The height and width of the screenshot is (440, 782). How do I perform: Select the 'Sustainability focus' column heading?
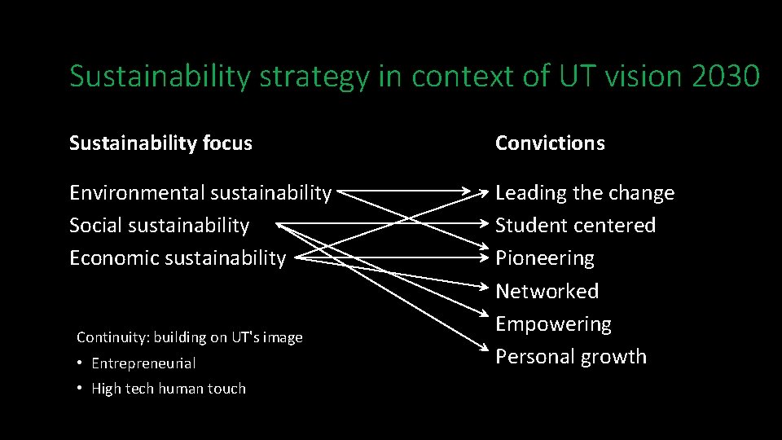(x=160, y=143)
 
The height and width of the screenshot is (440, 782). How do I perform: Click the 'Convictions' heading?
(x=550, y=143)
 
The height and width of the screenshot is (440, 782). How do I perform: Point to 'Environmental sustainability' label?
(x=200, y=193)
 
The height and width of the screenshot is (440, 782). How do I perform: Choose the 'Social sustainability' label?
(x=159, y=225)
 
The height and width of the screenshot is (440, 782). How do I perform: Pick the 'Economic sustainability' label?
(x=178, y=258)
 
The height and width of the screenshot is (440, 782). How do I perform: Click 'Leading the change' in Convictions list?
(x=585, y=193)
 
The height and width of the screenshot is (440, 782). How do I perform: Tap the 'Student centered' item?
(x=575, y=225)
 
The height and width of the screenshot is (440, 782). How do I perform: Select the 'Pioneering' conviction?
(x=545, y=258)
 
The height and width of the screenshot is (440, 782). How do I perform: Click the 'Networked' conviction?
(x=547, y=291)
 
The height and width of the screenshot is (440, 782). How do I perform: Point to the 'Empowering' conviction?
(x=553, y=323)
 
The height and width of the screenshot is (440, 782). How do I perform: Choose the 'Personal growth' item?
(x=571, y=357)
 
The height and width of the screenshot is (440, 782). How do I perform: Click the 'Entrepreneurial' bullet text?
(x=143, y=363)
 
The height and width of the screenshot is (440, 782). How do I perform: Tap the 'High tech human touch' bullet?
(x=168, y=389)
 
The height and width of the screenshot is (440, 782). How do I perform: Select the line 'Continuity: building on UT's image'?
(x=189, y=337)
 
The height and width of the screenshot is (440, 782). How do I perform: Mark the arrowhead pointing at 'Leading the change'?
(x=485, y=193)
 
